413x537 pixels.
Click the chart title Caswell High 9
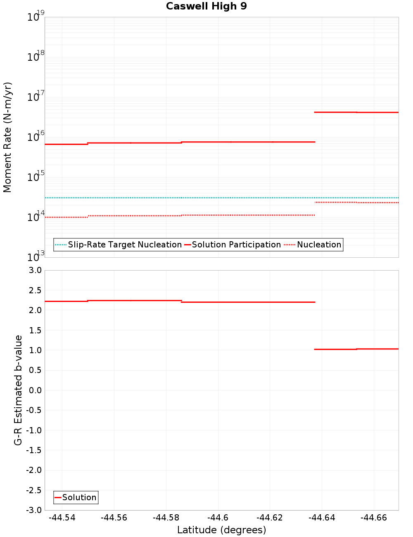(x=206, y=6)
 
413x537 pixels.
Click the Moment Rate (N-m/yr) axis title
(x=7, y=137)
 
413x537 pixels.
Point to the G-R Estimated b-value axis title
(x=18, y=390)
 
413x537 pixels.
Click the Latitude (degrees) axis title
(x=221, y=530)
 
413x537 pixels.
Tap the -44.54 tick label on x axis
(x=62, y=518)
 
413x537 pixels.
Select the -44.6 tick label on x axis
(x=218, y=518)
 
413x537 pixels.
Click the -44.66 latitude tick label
(x=373, y=518)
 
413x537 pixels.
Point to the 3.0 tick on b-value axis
(x=33, y=270)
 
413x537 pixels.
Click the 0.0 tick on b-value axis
(x=33, y=390)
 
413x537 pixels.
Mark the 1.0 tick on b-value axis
(x=33, y=350)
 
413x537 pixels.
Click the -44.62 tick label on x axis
(x=269, y=518)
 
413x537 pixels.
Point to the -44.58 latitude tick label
(x=166, y=518)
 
